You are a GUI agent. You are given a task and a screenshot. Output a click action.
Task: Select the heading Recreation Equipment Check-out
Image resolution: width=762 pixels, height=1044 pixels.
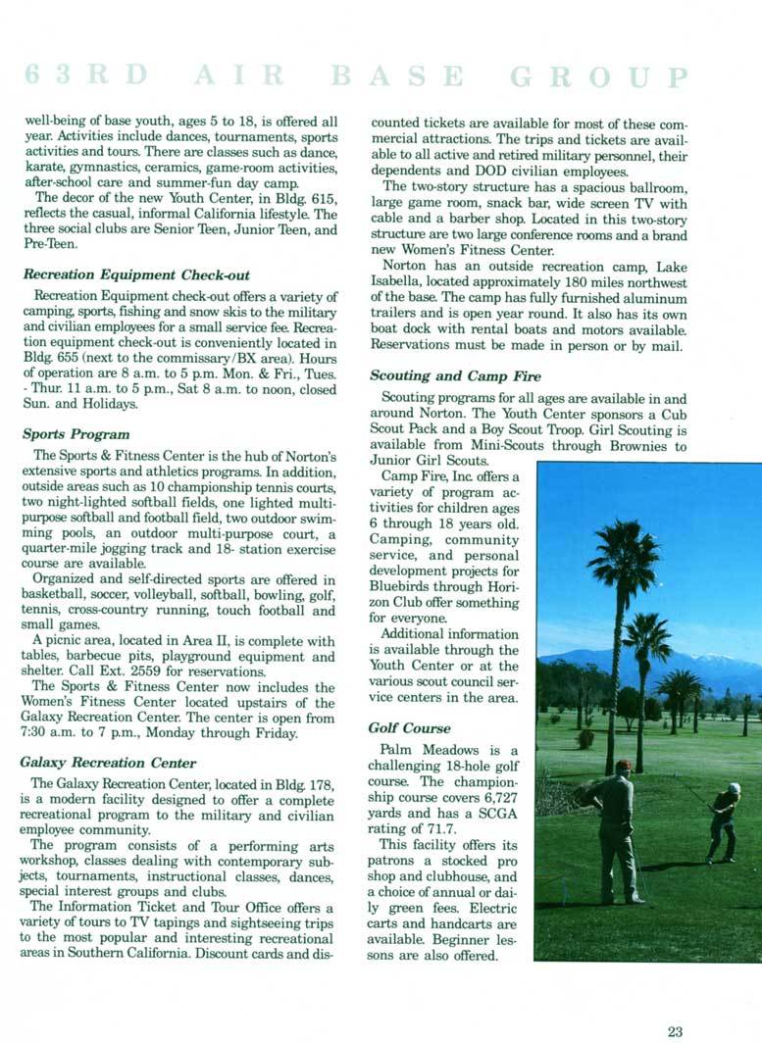(x=136, y=274)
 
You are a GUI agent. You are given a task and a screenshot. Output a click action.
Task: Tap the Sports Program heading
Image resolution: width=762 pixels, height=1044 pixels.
(x=76, y=433)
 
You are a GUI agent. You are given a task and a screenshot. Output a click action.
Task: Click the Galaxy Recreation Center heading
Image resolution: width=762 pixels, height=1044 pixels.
(x=108, y=762)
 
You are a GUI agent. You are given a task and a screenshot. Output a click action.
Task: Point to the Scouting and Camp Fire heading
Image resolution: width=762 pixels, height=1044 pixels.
(x=455, y=375)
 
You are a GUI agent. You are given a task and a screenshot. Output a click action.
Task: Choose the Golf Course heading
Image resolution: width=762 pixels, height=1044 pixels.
(x=410, y=727)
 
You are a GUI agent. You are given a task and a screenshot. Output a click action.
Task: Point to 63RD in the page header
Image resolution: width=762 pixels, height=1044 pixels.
(x=88, y=76)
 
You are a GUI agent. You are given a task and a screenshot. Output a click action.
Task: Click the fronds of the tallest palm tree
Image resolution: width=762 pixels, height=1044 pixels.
(x=624, y=554)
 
